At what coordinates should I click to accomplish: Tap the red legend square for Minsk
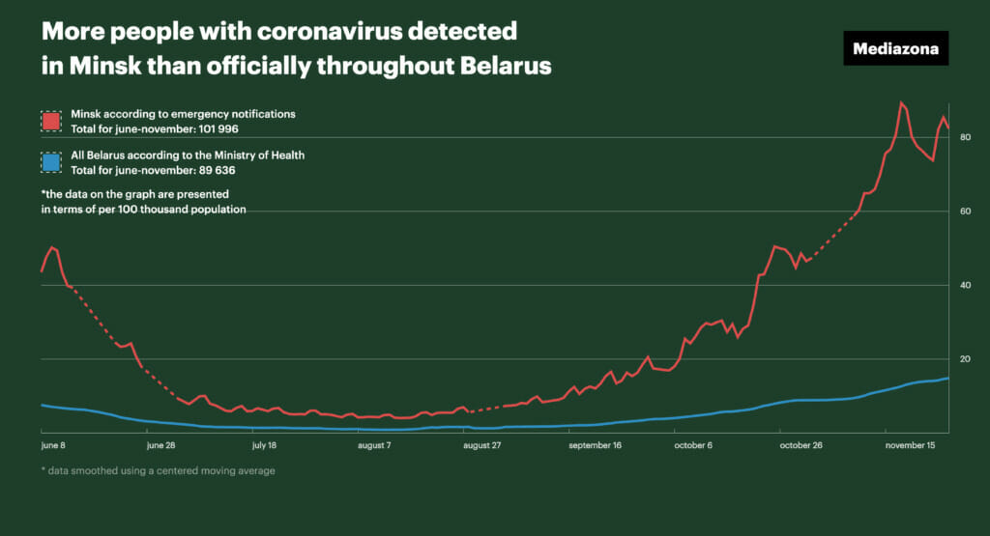pos(51,121)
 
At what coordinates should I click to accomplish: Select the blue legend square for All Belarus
pos(51,162)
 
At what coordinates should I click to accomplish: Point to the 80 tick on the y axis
pos(965,137)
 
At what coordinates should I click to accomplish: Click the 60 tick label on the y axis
pos(965,212)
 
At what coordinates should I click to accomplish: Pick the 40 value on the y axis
pos(965,285)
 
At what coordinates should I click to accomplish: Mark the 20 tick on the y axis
pos(965,359)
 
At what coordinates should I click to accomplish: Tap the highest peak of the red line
pos(901,102)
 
